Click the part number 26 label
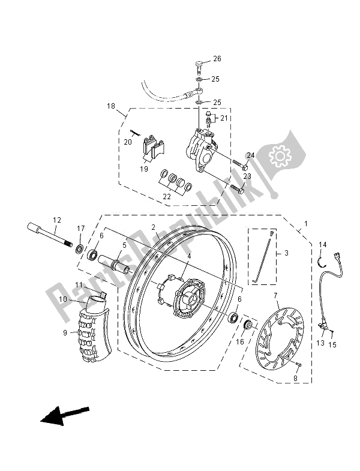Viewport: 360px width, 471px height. point(217,59)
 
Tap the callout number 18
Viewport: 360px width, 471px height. point(111,106)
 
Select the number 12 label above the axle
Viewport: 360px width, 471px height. point(57,220)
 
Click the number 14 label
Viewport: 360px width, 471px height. point(322,244)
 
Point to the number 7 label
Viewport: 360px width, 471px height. point(275,296)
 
